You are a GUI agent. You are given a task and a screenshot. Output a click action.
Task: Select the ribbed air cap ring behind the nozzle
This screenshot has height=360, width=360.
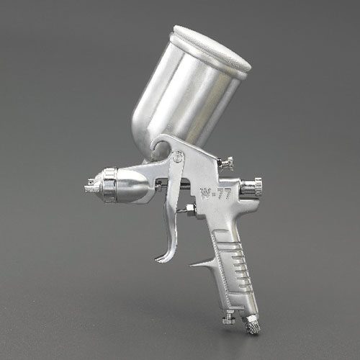[110, 184]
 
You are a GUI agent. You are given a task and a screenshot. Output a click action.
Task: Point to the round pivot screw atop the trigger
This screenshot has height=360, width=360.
[178, 158]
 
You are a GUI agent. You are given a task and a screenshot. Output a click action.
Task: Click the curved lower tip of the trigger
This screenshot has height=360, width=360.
[163, 257]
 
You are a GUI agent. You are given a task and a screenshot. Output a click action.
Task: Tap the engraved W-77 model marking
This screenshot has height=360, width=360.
[215, 192]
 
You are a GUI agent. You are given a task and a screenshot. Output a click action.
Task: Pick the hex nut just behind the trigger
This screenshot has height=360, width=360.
[191, 210]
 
